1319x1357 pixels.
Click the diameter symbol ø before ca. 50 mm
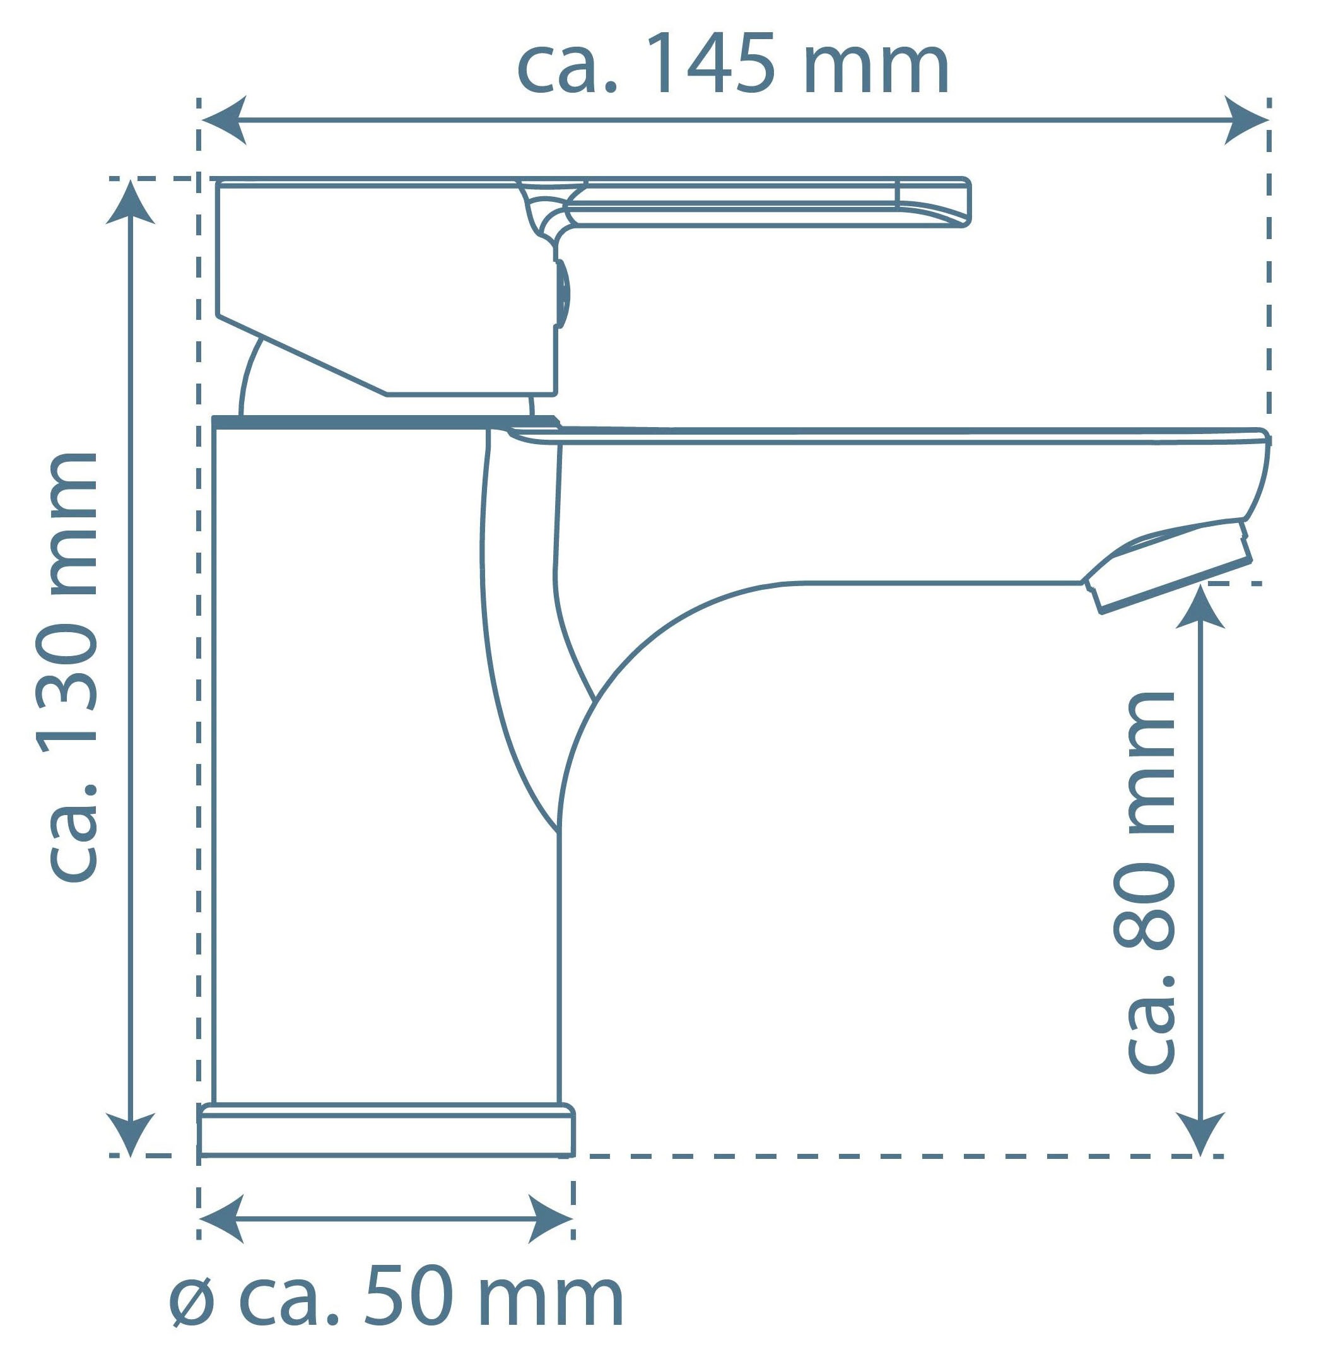(193, 1302)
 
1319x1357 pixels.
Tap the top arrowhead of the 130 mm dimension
(130, 202)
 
